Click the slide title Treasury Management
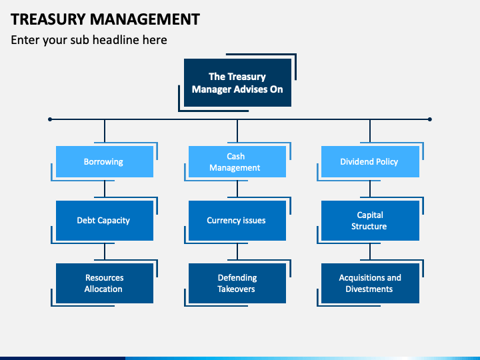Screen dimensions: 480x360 tap(105, 19)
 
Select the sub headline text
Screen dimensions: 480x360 tap(89, 40)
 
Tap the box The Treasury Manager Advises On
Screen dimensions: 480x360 tap(237, 83)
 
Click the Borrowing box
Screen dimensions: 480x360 tap(105, 161)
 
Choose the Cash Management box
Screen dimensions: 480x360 tap(237, 161)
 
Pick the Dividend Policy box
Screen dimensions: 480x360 tap(370, 161)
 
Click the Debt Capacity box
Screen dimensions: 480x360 tap(105, 221)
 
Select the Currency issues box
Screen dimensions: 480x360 tap(237, 221)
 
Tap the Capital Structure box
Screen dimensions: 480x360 tap(370, 221)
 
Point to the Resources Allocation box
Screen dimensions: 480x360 tap(105, 283)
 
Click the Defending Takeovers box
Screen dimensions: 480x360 tap(237, 283)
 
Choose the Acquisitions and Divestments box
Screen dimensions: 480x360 tap(370, 283)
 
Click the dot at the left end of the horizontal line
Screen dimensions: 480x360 tap(50, 119)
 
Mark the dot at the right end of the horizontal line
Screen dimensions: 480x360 tap(430, 119)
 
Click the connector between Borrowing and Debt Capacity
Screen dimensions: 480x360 tap(105, 189)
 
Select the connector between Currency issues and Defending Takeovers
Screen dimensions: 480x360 tap(237, 251)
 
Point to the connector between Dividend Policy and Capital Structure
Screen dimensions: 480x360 tap(370, 189)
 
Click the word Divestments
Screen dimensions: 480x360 tap(369, 289)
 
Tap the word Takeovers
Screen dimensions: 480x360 tap(236, 289)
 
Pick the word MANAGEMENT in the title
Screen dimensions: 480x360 tap(145, 19)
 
